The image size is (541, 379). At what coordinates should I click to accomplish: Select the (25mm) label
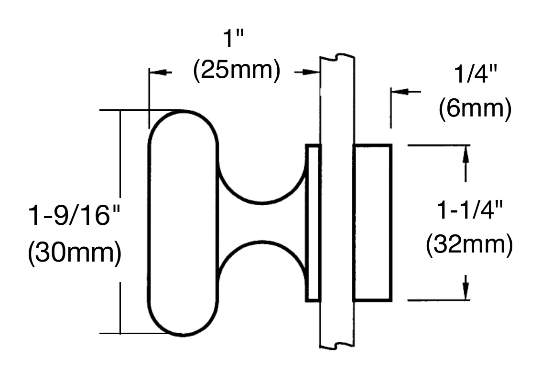[237, 70]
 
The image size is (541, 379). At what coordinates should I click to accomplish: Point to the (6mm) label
[475, 108]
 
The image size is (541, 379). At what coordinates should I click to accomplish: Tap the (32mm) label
[469, 244]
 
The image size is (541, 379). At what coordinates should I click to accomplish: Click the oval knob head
[183, 222]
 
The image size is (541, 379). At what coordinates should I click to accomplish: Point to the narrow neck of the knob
[261, 222]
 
